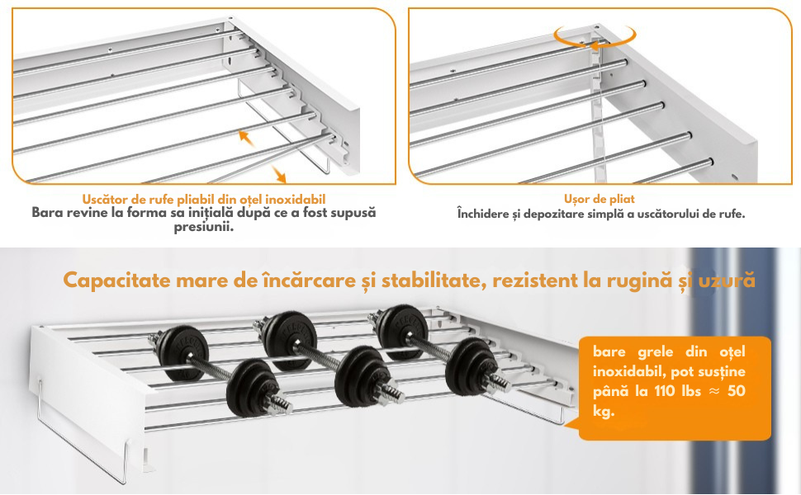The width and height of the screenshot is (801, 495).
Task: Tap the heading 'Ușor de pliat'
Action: [600, 199]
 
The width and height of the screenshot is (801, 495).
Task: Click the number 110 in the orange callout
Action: [665, 391]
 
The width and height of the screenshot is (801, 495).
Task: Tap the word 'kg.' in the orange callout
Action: [604, 412]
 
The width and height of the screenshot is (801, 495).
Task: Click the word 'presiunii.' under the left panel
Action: [204, 227]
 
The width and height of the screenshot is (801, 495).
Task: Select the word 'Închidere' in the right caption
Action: [482, 214]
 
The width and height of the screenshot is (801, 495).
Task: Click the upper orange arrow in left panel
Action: [247, 139]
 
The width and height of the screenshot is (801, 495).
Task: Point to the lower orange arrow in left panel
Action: [278, 175]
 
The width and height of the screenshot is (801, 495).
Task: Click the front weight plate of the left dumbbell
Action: [251, 387]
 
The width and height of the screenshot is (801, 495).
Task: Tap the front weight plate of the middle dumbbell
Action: [362, 375]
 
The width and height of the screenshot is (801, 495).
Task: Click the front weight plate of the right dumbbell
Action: [471, 366]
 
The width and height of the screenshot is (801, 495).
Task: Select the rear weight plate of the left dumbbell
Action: [182, 353]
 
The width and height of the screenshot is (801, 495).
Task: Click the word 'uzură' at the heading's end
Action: [727, 280]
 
